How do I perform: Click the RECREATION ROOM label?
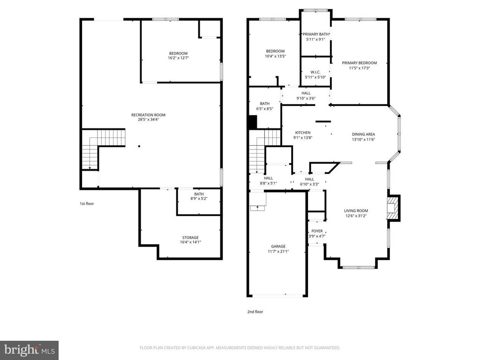tap(148, 115)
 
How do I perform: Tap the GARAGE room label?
tap(278, 246)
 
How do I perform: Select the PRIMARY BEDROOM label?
tap(359, 63)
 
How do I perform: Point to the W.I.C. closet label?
tap(315, 72)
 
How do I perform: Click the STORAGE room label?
tap(190, 238)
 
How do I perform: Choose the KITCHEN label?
tap(303, 132)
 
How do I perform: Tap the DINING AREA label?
tap(364, 134)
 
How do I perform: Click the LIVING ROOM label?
tap(356, 211)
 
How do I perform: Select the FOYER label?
tap(317, 231)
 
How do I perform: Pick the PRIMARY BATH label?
tap(315, 34)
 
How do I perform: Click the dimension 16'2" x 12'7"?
tap(178, 58)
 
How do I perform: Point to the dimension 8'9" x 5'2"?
tap(199, 199)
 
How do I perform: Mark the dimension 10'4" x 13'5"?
tap(275, 56)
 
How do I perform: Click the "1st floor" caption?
tap(87, 204)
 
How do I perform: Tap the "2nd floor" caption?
tap(255, 311)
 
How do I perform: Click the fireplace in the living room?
tap(393, 208)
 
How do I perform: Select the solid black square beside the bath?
tap(252, 123)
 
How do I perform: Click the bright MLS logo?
tap(29, 350)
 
